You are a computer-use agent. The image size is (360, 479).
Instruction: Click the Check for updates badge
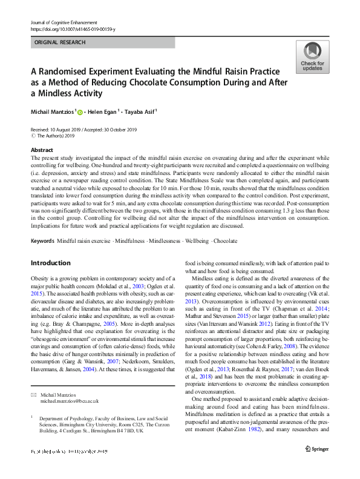(x=312, y=58)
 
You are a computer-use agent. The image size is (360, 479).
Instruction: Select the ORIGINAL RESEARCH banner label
(x=59, y=42)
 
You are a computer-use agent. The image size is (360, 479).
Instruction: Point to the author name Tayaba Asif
(x=139, y=111)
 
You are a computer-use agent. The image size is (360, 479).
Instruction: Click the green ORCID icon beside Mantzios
(x=80, y=112)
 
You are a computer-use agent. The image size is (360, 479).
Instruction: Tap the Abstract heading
(x=42, y=150)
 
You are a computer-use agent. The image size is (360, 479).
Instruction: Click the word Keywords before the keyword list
(x=42, y=241)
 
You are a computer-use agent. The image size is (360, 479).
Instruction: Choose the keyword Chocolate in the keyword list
(x=225, y=241)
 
